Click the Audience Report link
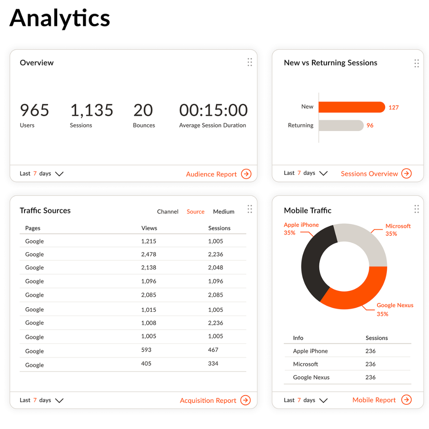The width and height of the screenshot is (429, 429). [211, 174]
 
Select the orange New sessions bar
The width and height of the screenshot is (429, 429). [352, 107]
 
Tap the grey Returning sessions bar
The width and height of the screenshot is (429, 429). [341, 125]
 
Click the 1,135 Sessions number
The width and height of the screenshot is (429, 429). [92, 110]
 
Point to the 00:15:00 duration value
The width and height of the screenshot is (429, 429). [213, 110]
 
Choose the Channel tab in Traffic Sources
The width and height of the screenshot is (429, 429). [168, 212]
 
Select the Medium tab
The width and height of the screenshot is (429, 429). [224, 212]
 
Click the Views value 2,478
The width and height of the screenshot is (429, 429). [149, 254]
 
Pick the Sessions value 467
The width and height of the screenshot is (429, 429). [213, 350]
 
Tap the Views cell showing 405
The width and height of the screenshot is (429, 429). [146, 363]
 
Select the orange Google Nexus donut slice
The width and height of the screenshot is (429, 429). [357, 294]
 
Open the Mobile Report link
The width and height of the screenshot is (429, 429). [374, 400]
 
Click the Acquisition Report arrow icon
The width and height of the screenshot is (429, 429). [246, 400]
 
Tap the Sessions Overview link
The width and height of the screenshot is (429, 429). [369, 174]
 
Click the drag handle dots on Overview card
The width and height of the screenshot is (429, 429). [249, 62]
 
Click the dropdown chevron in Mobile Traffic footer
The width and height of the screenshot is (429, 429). [324, 400]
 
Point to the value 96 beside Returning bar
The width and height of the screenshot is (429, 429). [370, 125]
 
